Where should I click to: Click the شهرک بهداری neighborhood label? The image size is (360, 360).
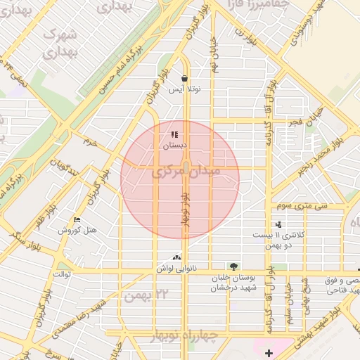59,42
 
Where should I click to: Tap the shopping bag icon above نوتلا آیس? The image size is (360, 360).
184,79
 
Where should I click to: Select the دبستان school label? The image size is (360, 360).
176,146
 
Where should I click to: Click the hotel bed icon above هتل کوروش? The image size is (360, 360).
77,220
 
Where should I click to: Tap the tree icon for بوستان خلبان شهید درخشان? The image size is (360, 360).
233,266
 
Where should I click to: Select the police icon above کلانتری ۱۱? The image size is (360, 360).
279,224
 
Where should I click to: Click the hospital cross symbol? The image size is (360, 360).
268,352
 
